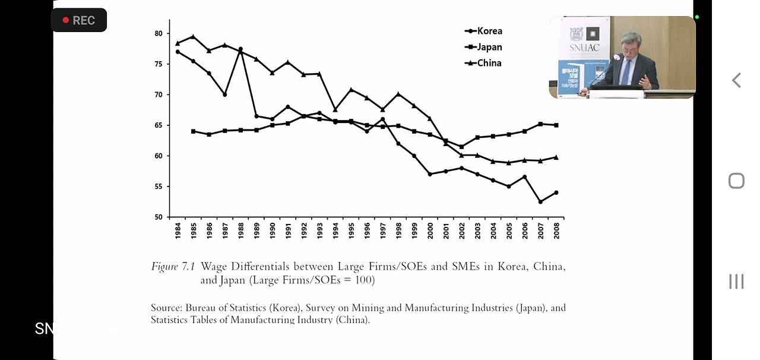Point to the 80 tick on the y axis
(159, 33)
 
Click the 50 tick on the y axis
(159, 217)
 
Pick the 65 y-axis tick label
(159, 125)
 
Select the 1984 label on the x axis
(178, 230)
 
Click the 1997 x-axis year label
(383, 230)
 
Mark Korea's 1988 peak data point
(240, 49)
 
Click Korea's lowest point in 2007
(540, 202)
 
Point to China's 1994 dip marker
(335, 109)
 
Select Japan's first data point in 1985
(194, 131)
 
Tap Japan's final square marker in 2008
(556, 125)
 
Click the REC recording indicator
(78, 20)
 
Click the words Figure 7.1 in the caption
(173, 267)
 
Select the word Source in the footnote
(165, 308)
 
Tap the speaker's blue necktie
(626, 71)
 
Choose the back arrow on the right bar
(736, 80)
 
